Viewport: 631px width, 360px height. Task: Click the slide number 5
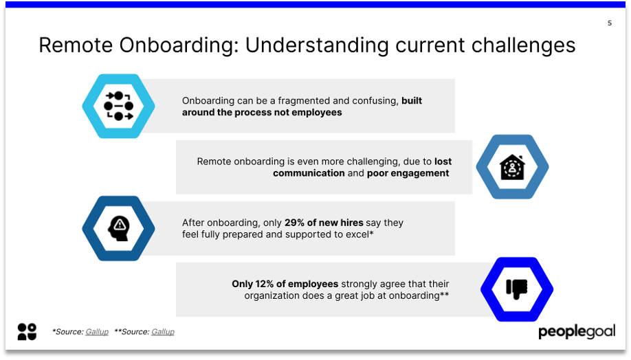click(609, 23)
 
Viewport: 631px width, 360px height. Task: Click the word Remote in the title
click(75, 45)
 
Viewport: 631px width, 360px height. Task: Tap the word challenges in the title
click(523, 46)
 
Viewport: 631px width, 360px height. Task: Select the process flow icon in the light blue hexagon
click(118, 106)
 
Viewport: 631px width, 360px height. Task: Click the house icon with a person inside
click(512, 167)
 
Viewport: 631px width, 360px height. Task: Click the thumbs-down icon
click(517, 289)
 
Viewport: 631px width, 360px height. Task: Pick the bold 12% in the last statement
click(264, 284)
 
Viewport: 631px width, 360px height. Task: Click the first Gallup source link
click(97, 332)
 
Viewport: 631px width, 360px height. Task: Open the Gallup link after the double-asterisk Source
click(163, 332)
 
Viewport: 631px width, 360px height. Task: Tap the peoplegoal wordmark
click(577, 332)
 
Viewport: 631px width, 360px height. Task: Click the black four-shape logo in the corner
click(27, 332)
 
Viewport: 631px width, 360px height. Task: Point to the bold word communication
click(309, 173)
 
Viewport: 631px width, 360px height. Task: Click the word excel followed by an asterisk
click(357, 234)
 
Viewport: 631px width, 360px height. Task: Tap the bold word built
click(412, 100)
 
